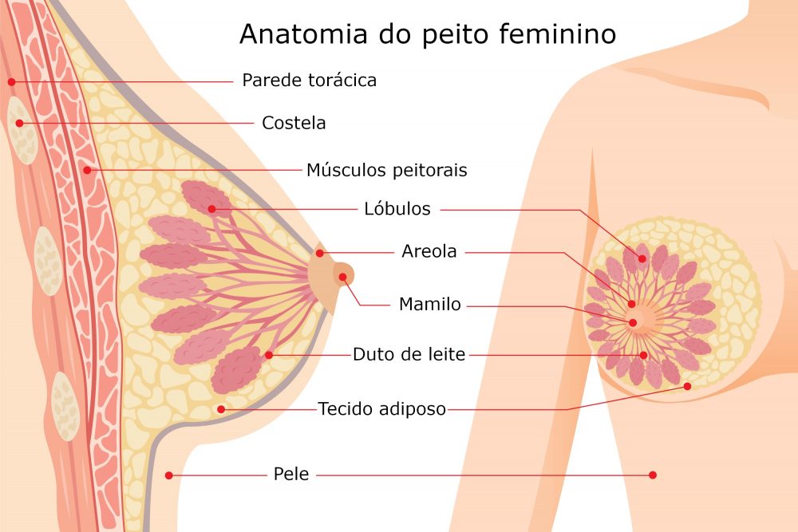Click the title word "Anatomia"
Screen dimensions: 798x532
(303, 34)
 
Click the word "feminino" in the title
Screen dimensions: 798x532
(557, 33)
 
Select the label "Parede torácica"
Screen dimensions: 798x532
(310, 81)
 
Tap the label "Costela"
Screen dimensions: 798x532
(294, 123)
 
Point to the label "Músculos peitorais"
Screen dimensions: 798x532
(387, 170)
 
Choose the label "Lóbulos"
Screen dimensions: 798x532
(397, 208)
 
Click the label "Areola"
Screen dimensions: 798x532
(429, 251)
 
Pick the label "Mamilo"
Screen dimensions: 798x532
(430, 304)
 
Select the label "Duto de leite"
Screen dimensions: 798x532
(409, 354)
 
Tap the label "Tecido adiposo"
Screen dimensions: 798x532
(382, 409)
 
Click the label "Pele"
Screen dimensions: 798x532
(291, 474)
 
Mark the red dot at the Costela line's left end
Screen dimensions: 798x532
(19, 123)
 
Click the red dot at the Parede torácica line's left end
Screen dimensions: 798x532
(12, 81)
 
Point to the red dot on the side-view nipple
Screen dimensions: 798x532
(343, 278)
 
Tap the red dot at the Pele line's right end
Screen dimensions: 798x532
(653, 475)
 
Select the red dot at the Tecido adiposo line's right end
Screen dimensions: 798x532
(687, 387)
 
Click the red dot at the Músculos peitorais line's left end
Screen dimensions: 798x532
(88, 170)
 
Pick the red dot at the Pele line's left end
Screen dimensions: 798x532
(169, 475)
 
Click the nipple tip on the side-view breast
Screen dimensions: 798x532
(354, 276)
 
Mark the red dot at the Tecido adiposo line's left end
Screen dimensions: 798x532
(221, 409)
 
